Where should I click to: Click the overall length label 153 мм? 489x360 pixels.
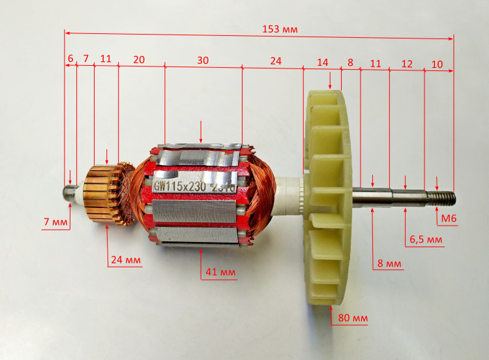pos(280,29)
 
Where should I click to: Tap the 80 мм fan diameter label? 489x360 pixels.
pos(353,318)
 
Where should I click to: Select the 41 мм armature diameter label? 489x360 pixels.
pos(220,272)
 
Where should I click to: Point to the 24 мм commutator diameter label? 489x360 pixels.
pos(126,260)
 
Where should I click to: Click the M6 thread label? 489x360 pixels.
pos(449,218)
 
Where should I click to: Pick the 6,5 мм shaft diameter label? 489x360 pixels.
pos(426,239)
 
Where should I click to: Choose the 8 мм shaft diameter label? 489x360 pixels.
pos(389,263)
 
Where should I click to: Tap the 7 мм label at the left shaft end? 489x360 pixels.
pos(55,222)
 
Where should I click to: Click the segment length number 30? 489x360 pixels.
pos(203,60)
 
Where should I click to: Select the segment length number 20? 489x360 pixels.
pos(139,59)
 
